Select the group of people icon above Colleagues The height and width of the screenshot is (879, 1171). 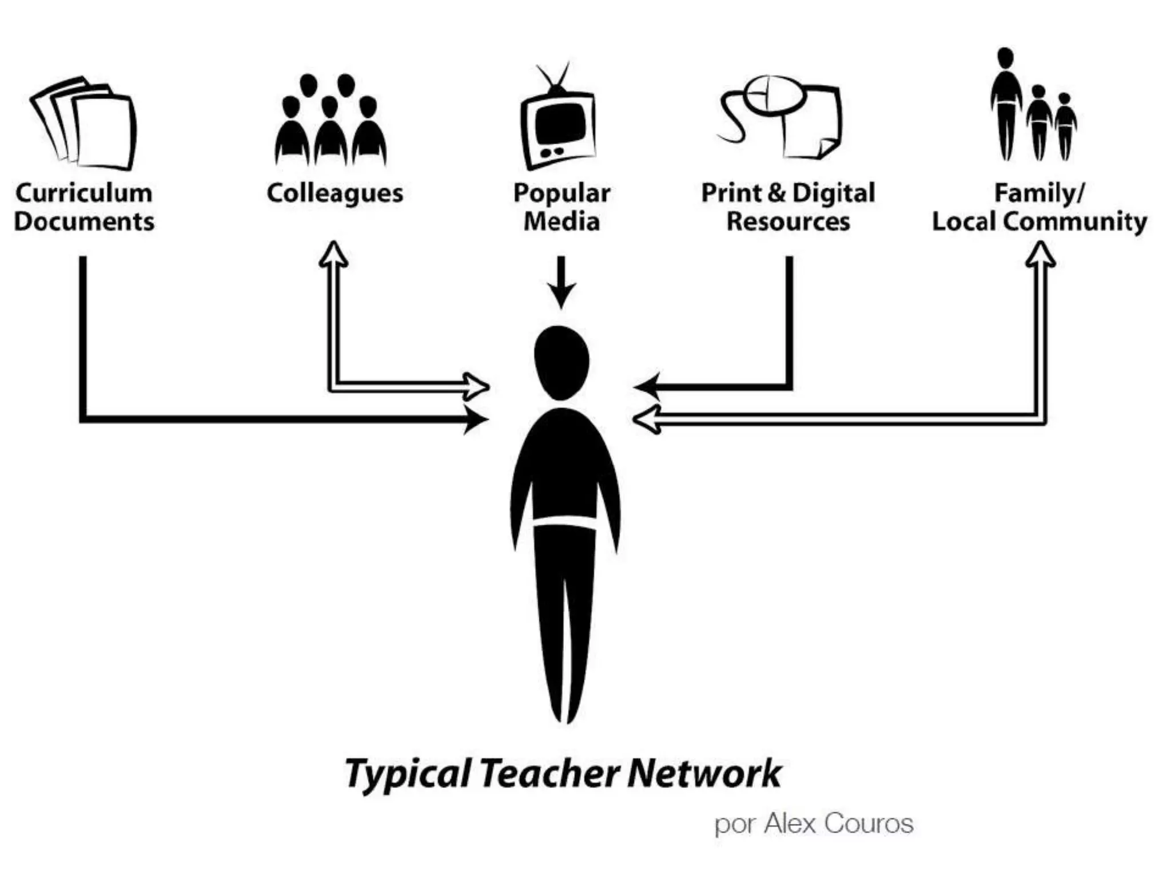click(x=330, y=123)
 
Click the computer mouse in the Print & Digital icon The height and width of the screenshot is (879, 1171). click(x=774, y=95)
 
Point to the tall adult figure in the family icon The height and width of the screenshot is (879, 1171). click(x=1006, y=103)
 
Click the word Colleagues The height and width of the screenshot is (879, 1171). click(x=334, y=193)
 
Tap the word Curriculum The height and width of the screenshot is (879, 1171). click(x=84, y=193)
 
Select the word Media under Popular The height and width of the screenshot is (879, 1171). click(x=561, y=221)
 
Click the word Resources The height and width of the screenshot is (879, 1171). click(x=788, y=221)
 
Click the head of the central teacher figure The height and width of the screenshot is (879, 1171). click(x=561, y=362)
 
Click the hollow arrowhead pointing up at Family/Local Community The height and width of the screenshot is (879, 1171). click(x=1040, y=256)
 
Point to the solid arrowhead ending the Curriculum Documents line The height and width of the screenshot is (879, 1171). click(x=475, y=419)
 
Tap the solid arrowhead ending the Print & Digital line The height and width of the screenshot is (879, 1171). click(x=648, y=387)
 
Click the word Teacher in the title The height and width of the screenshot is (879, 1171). click(x=549, y=774)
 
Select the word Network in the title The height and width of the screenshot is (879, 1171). click(x=704, y=774)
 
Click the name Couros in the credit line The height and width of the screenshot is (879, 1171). click(x=869, y=824)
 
